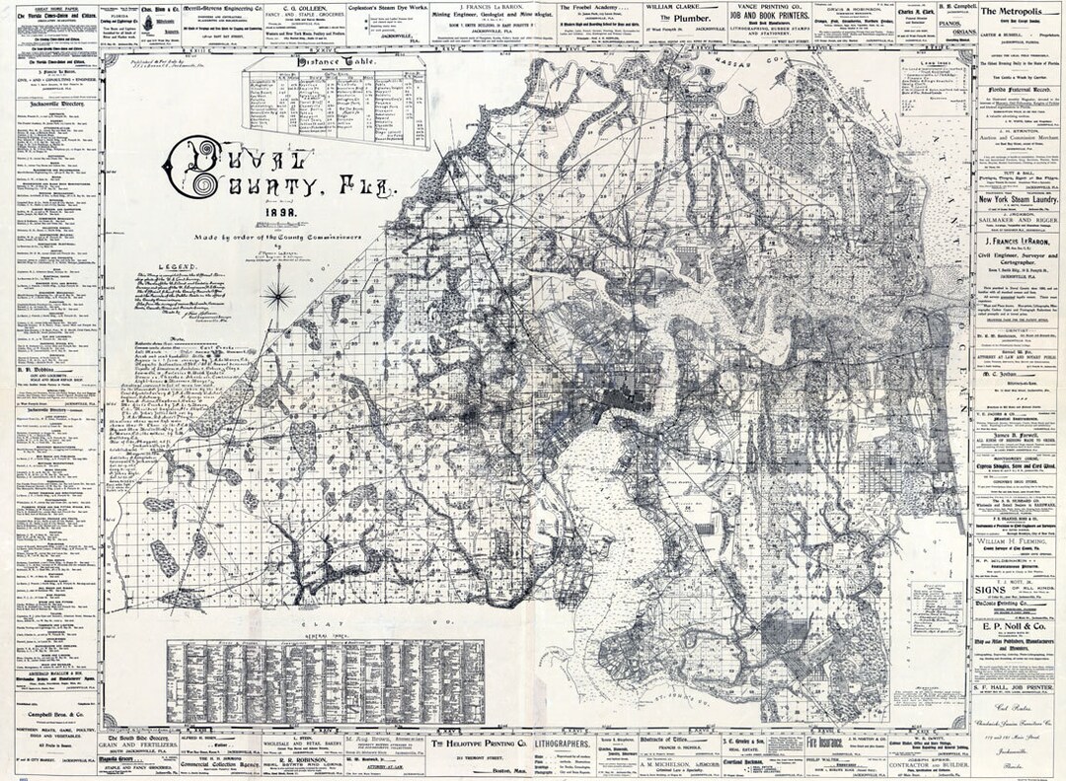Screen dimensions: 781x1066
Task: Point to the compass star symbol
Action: pos(280,294)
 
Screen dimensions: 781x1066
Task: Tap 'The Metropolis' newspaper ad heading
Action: pos(1016,9)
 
